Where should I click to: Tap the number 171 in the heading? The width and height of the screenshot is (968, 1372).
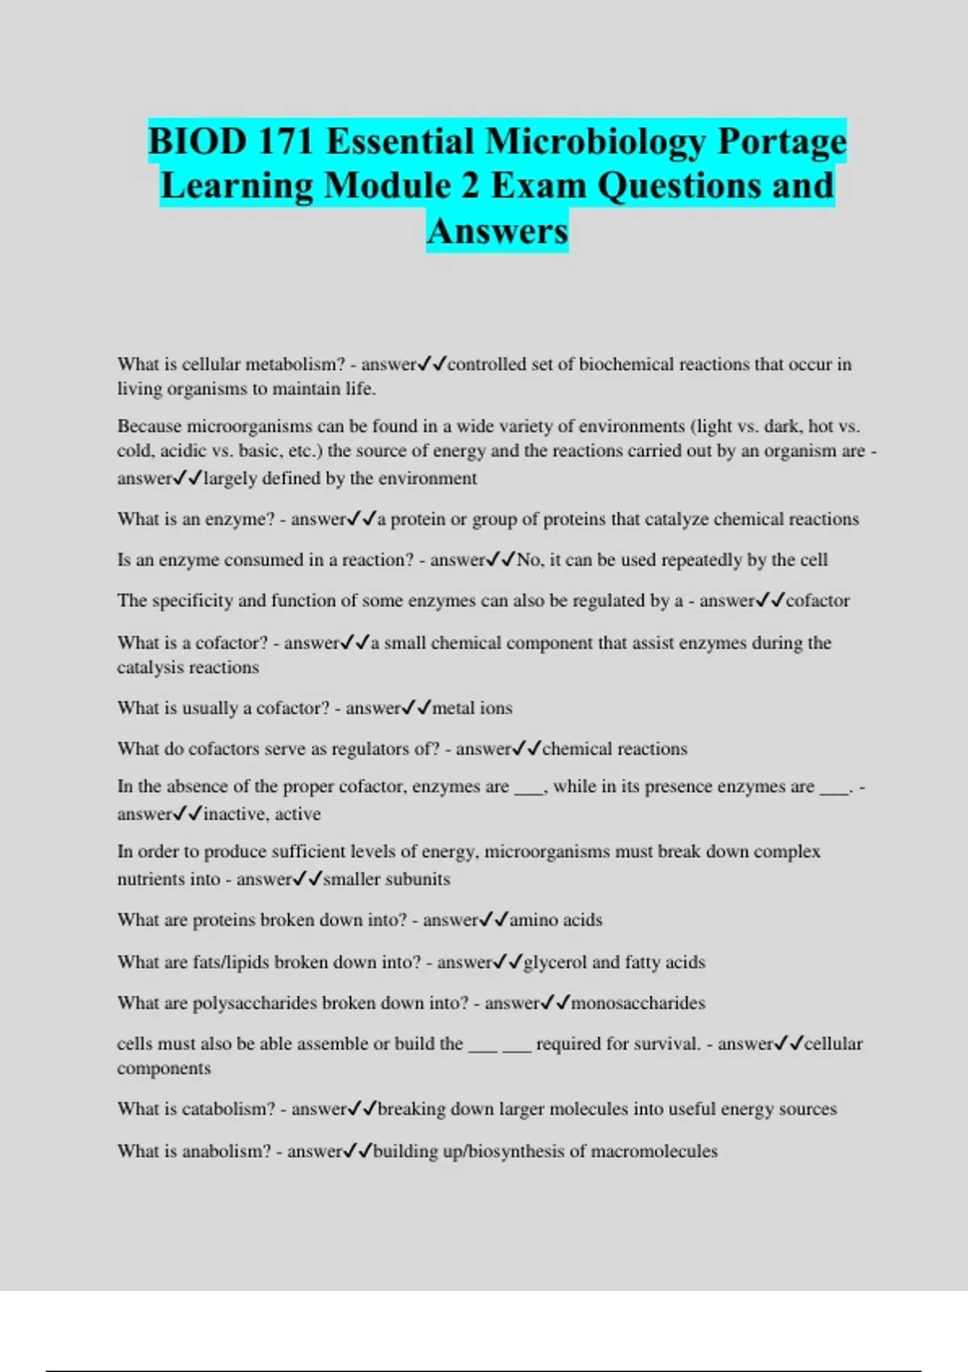[x=286, y=142]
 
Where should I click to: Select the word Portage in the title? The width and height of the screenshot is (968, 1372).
[x=782, y=142]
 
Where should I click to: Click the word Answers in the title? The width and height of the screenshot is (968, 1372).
[x=498, y=231]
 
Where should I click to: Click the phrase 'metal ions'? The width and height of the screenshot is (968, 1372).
[x=472, y=709]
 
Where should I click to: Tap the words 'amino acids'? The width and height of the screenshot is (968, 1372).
[x=556, y=920]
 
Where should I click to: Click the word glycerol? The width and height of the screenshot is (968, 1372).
[x=555, y=962]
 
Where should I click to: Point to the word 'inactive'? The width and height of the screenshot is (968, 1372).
[x=235, y=814]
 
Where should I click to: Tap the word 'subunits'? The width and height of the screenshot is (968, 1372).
[x=416, y=879]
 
